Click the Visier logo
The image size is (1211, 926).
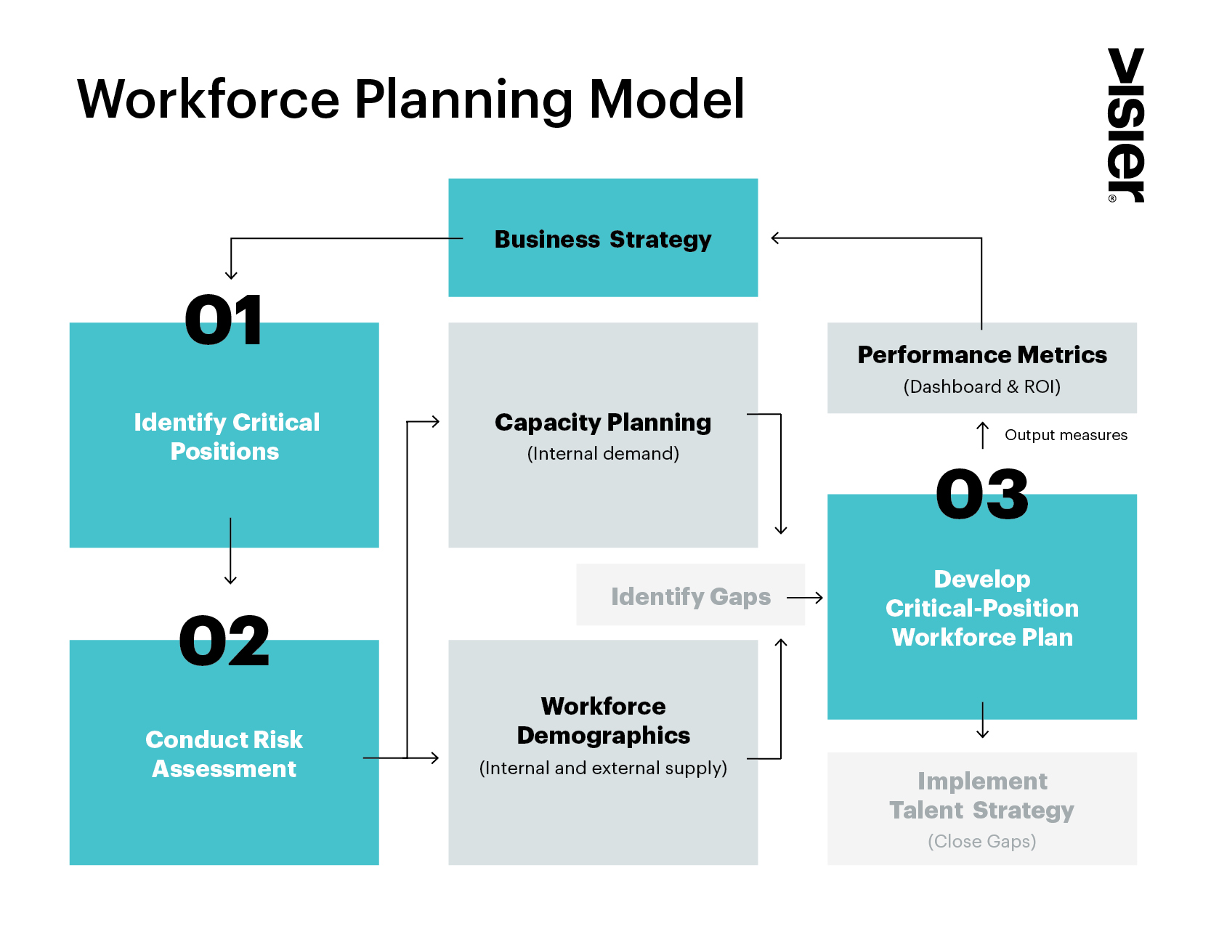click(x=1125, y=125)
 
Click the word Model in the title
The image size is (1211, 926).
click(x=666, y=99)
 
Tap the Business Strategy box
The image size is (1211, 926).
click(x=603, y=238)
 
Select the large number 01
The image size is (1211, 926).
click(x=223, y=320)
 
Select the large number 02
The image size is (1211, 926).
click(x=224, y=641)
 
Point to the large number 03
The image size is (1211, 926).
click(x=982, y=495)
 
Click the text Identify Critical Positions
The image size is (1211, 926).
click(x=226, y=436)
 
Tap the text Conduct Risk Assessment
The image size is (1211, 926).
click(x=224, y=754)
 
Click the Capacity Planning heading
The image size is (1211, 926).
click(x=603, y=422)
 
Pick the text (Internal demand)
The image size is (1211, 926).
click(x=603, y=454)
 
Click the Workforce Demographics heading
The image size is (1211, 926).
click(x=603, y=720)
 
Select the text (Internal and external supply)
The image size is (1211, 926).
click(x=603, y=768)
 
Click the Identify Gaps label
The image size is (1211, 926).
click(x=690, y=596)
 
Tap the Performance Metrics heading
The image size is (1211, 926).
click(x=982, y=354)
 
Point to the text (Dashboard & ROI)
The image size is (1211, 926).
click(x=982, y=386)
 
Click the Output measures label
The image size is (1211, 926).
click(x=1066, y=435)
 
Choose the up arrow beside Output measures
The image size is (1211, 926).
click(x=982, y=435)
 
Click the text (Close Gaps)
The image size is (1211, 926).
click(x=982, y=841)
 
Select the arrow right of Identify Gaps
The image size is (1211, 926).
click(x=805, y=598)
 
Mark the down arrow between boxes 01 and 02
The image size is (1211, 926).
click(x=230, y=551)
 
